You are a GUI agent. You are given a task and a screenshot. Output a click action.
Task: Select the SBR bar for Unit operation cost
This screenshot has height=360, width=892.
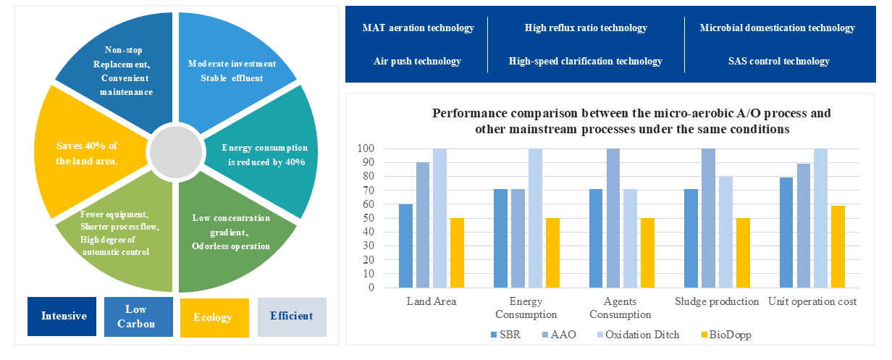coord(786,233)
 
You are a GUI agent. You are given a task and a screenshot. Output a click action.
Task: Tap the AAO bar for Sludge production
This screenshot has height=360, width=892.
coord(708,218)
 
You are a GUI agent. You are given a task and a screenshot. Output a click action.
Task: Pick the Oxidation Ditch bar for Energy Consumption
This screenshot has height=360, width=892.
coord(535,218)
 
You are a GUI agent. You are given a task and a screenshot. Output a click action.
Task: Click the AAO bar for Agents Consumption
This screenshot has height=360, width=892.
coord(613,218)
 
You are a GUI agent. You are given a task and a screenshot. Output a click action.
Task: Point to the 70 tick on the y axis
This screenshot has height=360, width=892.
coord(369,191)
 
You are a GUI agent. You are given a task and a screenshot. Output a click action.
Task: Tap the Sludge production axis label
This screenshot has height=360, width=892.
coord(717,301)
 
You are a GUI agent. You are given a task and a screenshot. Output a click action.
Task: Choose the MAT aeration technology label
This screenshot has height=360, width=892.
coord(418,28)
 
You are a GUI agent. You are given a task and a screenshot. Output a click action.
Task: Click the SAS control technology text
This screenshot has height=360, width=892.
coord(778,62)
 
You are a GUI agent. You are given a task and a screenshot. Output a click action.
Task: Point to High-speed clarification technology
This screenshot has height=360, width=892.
coord(585,62)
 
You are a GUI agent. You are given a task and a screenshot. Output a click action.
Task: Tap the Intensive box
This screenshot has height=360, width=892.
coord(63,316)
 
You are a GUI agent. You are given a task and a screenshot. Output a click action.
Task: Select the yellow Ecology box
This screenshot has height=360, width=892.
coord(214,317)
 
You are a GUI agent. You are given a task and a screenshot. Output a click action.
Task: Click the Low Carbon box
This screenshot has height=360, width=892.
coord(138,317)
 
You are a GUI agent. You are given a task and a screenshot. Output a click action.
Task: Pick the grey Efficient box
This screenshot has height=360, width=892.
coord(291,316)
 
